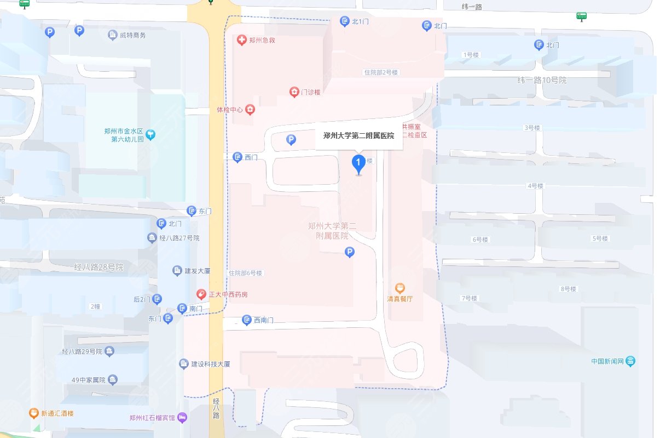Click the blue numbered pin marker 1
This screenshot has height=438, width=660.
pos(358,163)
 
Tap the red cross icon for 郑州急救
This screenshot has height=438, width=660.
pos(241,40)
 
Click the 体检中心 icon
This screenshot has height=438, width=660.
pos(250,110)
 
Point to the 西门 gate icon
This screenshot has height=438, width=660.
pos(238,157)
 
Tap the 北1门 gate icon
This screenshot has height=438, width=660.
pos(345,21)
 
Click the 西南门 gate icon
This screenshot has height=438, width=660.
pos(246,320)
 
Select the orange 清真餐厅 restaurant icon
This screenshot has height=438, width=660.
pos(400,288)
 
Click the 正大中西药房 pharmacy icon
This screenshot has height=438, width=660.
pos(201,294)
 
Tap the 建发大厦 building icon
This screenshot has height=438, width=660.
pos(177,271)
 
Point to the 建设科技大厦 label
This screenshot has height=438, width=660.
pos(211,364)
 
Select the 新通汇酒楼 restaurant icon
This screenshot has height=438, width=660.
pos(34,413)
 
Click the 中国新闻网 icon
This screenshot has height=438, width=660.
pos(631,361)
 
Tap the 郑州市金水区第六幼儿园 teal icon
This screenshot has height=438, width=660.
pos(151,134)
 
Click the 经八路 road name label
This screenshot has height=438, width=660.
pos(216,408)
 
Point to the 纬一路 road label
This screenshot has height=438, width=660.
pos(472,7)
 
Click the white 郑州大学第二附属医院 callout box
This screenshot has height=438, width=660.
pos(359,135)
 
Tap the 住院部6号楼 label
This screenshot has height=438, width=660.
pos(246,273)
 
